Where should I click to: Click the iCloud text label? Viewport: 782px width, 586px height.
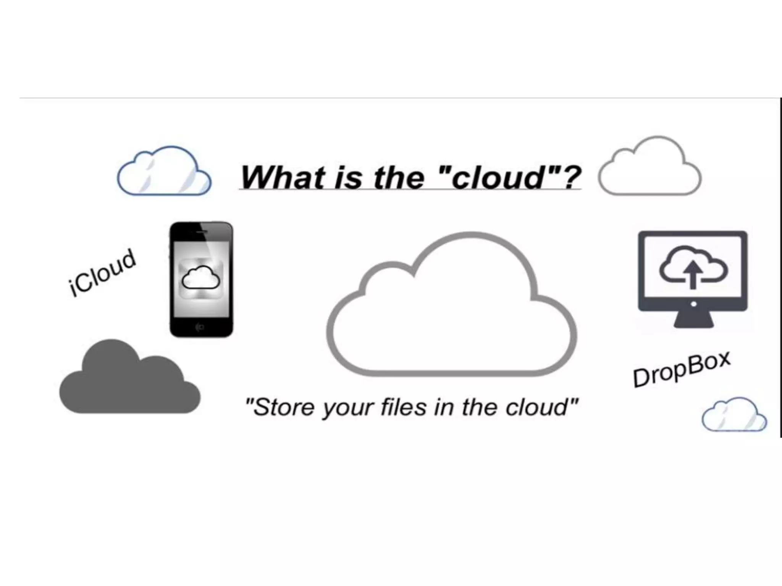point(102,272)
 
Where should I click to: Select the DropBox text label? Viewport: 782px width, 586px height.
point(682,369)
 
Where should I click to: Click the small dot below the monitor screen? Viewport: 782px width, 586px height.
point(693,304)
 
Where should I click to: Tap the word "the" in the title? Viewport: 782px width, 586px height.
point(399,178)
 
